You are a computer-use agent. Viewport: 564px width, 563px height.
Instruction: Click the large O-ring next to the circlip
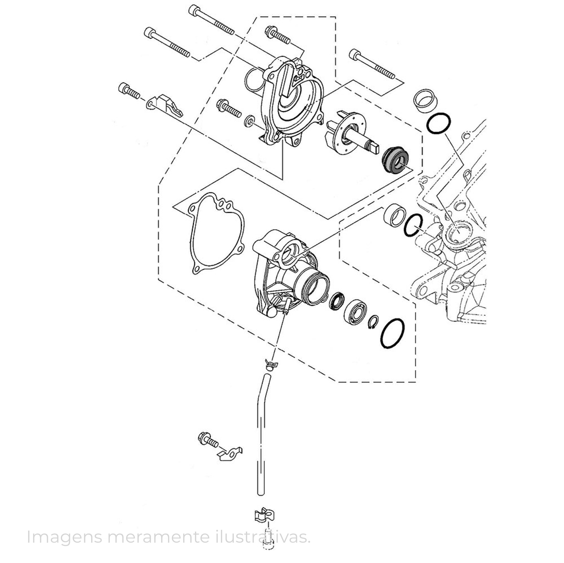393,333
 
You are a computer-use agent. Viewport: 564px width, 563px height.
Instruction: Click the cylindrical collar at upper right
426,103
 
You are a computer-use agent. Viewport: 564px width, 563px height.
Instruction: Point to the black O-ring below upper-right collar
439,124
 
